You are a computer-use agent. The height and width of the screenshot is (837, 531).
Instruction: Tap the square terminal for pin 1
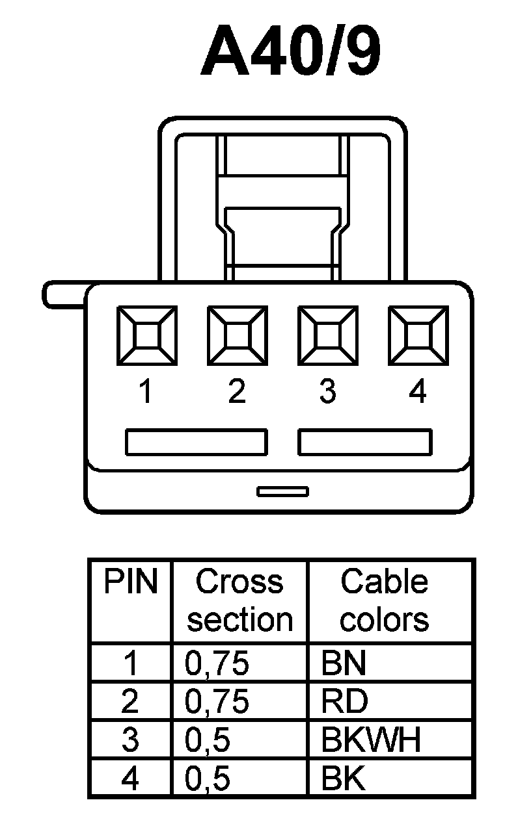pyautogui.click(x=147, y=335)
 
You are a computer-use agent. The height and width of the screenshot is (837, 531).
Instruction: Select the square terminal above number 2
pyautogui.click(x=238, y=335)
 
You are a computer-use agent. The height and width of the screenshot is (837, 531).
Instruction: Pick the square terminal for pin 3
pyautogui.click(x=327, y=335)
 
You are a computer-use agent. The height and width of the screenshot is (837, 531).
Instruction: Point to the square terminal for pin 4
pyautogui.click(x=418, y=335)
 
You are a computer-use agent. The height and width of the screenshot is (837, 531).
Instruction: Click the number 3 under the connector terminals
pyautogui.click(x=327, y=392)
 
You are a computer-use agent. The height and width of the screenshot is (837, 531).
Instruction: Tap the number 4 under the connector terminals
pyautogui.click(x=418, y=392)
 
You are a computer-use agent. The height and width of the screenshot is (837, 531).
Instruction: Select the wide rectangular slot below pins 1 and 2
pyautogui.click(x=196, y=442)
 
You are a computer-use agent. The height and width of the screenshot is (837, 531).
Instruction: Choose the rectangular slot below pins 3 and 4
pyautogui.click(x=365, y=442)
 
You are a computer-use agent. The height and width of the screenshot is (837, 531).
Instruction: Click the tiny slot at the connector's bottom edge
pyautogui.click(x=282, y=491)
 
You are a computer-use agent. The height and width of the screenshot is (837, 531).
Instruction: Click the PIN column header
pyautogui.click(x=131, y=582)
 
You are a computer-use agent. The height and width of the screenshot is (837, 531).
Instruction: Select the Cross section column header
pyautogui.click(x=239, y=600)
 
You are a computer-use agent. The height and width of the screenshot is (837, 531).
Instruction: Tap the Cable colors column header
pyautogui.click(x=385, y=600)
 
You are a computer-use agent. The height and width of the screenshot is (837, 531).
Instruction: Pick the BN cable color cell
pyautogui.click(x=344, y=663)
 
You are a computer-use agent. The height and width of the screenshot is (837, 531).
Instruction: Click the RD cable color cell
pyautogui.click(x=345, y=702)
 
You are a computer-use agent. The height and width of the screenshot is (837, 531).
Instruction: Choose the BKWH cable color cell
pyautogui.click(x=372, y=740)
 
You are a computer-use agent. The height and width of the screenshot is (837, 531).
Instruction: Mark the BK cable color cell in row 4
pyautogui.click(x=344, y=779)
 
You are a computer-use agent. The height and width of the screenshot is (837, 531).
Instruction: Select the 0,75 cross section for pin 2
pyautogui.click(x=217, y=702)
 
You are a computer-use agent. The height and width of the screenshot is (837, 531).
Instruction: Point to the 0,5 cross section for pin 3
pyautogui.click(x=208, y=740)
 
